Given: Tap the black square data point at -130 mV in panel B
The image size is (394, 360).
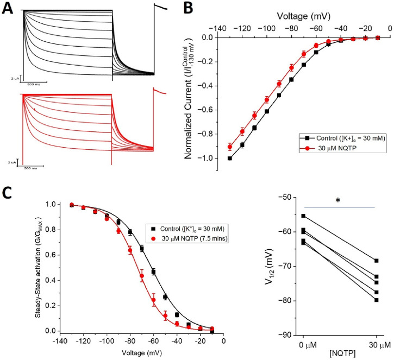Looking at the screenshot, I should pyautogui.click(x=230, y=158).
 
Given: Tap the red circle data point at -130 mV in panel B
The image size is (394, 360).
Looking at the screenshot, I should pyautogui.click(x=230, y=147).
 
